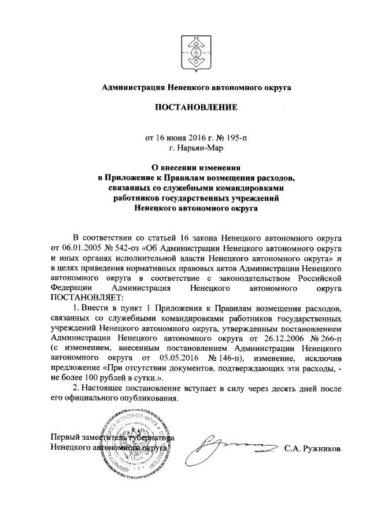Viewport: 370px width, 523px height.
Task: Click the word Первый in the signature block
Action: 67,437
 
